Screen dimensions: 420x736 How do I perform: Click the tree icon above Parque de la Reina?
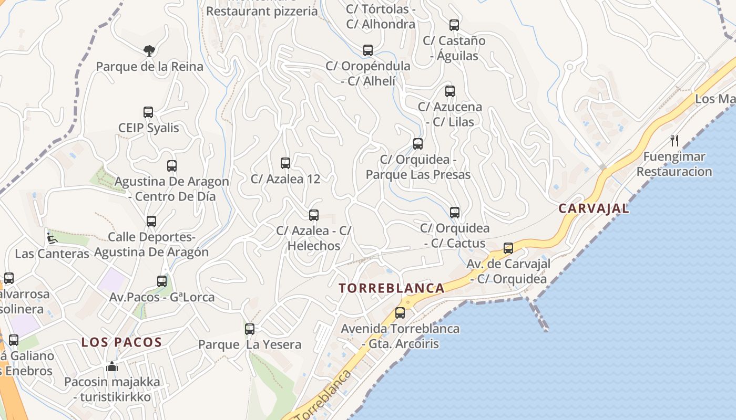(149, 51)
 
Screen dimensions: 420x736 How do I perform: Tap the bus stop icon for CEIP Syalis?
(148, 112)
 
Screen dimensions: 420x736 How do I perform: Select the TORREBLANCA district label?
(392, 288)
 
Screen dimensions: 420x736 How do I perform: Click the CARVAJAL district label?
(594, 208)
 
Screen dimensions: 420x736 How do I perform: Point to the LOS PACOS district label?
(121, 343)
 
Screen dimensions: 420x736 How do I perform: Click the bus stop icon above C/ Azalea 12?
(285, 163)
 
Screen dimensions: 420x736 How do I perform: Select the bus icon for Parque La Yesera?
(250, 329)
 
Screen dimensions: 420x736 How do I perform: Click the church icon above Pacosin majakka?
(112, 366)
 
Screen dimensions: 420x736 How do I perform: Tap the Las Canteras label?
(52, 254)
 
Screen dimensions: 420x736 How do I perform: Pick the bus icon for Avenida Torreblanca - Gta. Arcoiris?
(400, 313)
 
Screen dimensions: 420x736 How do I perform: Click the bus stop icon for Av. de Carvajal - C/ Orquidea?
(508, 248)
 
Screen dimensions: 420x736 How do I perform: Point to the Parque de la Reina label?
(149, 67)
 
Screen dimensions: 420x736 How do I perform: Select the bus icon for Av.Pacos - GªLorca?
(162, 281)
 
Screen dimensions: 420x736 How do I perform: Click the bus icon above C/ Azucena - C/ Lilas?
(450, 91)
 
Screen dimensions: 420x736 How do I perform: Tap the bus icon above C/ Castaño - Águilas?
(454, 25)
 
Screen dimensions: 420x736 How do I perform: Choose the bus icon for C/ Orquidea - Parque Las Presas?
(418, 144)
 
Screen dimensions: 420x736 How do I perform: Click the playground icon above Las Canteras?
(52, 238)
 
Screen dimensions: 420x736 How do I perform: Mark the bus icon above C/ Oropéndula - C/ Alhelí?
(368, 51)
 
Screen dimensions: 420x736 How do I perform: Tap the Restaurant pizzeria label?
(262, 11)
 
